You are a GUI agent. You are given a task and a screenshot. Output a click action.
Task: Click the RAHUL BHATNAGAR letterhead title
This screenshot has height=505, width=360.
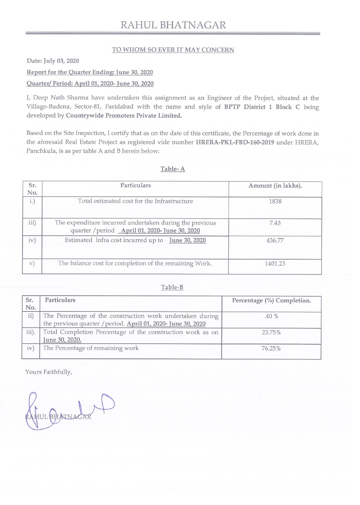[x=173, y=25]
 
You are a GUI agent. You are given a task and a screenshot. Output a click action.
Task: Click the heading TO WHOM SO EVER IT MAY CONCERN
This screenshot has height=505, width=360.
[x=173, y=50]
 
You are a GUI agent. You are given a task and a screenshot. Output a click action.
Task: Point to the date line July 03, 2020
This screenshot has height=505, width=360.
[x=53, y=61]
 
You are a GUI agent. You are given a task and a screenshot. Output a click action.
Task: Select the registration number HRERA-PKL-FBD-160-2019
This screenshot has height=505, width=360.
[x=235, y=142]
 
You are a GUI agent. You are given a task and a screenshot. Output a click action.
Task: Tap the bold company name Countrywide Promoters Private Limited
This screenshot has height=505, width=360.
[x=124, y=115]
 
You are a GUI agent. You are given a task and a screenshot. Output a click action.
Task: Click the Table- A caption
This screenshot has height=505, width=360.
[x=173, y=169]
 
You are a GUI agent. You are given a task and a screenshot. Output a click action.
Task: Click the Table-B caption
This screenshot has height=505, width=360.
[x=172, y=287]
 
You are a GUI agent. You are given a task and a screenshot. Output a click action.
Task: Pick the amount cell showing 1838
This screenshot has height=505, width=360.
[x=275, y=201]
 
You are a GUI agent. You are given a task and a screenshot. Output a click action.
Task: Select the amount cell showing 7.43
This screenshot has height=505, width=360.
[x=275, y=223]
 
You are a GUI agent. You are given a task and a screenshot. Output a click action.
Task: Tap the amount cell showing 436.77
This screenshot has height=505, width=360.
[x=275, y=240]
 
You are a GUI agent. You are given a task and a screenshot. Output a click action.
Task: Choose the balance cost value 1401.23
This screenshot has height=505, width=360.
[x=275, y=263]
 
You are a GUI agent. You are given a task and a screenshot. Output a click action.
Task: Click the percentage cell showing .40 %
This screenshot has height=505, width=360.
[x=271, y=316]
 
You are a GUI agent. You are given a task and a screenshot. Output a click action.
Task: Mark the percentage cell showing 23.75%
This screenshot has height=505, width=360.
[x=271, y=332]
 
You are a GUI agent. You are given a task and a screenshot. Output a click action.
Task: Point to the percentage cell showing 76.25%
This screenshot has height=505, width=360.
[x=271, y=349]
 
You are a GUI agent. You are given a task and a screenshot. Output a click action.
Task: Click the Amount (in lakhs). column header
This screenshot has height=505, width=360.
[x=275, y=186]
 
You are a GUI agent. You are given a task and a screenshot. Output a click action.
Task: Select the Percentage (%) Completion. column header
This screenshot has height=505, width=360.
[x=271, y=301]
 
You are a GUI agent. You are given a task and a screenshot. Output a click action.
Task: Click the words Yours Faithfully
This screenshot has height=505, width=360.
[x=49, y=372]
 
